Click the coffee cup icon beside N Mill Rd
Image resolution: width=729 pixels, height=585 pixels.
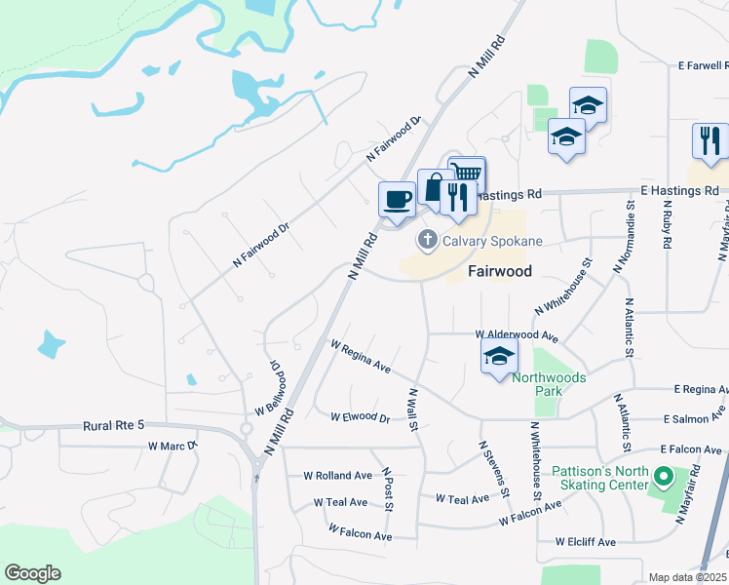397,200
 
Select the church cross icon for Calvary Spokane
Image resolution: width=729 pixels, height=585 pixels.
427,239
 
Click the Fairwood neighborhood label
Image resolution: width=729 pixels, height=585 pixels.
499,271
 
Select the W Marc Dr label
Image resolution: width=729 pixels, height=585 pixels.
173,446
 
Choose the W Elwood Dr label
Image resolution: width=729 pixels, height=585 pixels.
360,417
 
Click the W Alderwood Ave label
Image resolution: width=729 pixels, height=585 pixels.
516,335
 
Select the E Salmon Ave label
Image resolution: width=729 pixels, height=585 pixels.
694,418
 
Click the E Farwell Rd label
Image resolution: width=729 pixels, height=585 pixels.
703,66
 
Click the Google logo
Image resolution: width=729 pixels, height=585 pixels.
32,573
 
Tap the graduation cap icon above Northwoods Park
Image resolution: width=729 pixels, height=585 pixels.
499,357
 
